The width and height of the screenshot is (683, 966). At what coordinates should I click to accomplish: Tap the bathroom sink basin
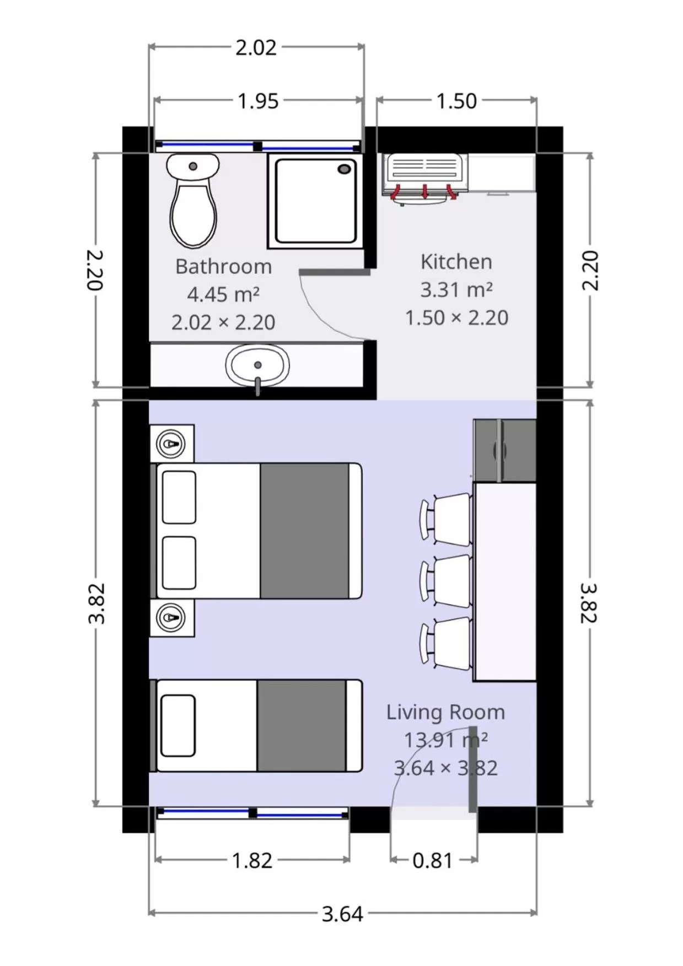[x=257, y=365]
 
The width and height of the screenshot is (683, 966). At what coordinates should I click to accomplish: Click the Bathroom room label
[x=223, y=267]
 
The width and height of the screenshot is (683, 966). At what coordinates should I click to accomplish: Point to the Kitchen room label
[x=456, y=262]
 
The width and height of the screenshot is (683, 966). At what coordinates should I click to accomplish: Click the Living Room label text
[x=445, y=712]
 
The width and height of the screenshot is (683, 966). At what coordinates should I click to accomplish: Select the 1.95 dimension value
[x=257, y=101]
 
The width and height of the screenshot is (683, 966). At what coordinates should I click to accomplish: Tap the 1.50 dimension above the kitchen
[x=456, y=101]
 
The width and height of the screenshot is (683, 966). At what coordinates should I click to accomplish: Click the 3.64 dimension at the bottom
[x=342, y=914]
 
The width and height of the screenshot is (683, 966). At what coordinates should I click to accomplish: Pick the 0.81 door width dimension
[x=432, y=860]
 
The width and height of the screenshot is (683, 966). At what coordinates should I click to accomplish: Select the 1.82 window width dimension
[x=252, y=860]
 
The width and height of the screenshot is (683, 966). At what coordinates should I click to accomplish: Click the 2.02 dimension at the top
[x=256, y=48]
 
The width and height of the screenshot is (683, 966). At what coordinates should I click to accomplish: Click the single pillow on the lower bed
[x=178, y=725]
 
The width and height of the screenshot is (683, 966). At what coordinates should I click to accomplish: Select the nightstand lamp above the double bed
[x=171, y=444]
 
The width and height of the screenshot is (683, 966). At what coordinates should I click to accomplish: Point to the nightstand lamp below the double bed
[x=171, y=617]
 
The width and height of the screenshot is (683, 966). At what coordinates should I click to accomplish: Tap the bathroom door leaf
[x=334, y=272]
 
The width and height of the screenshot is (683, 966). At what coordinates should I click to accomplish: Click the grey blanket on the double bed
[x=304, y=530]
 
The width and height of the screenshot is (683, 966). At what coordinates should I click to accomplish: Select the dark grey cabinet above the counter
[x=504, y=450]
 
